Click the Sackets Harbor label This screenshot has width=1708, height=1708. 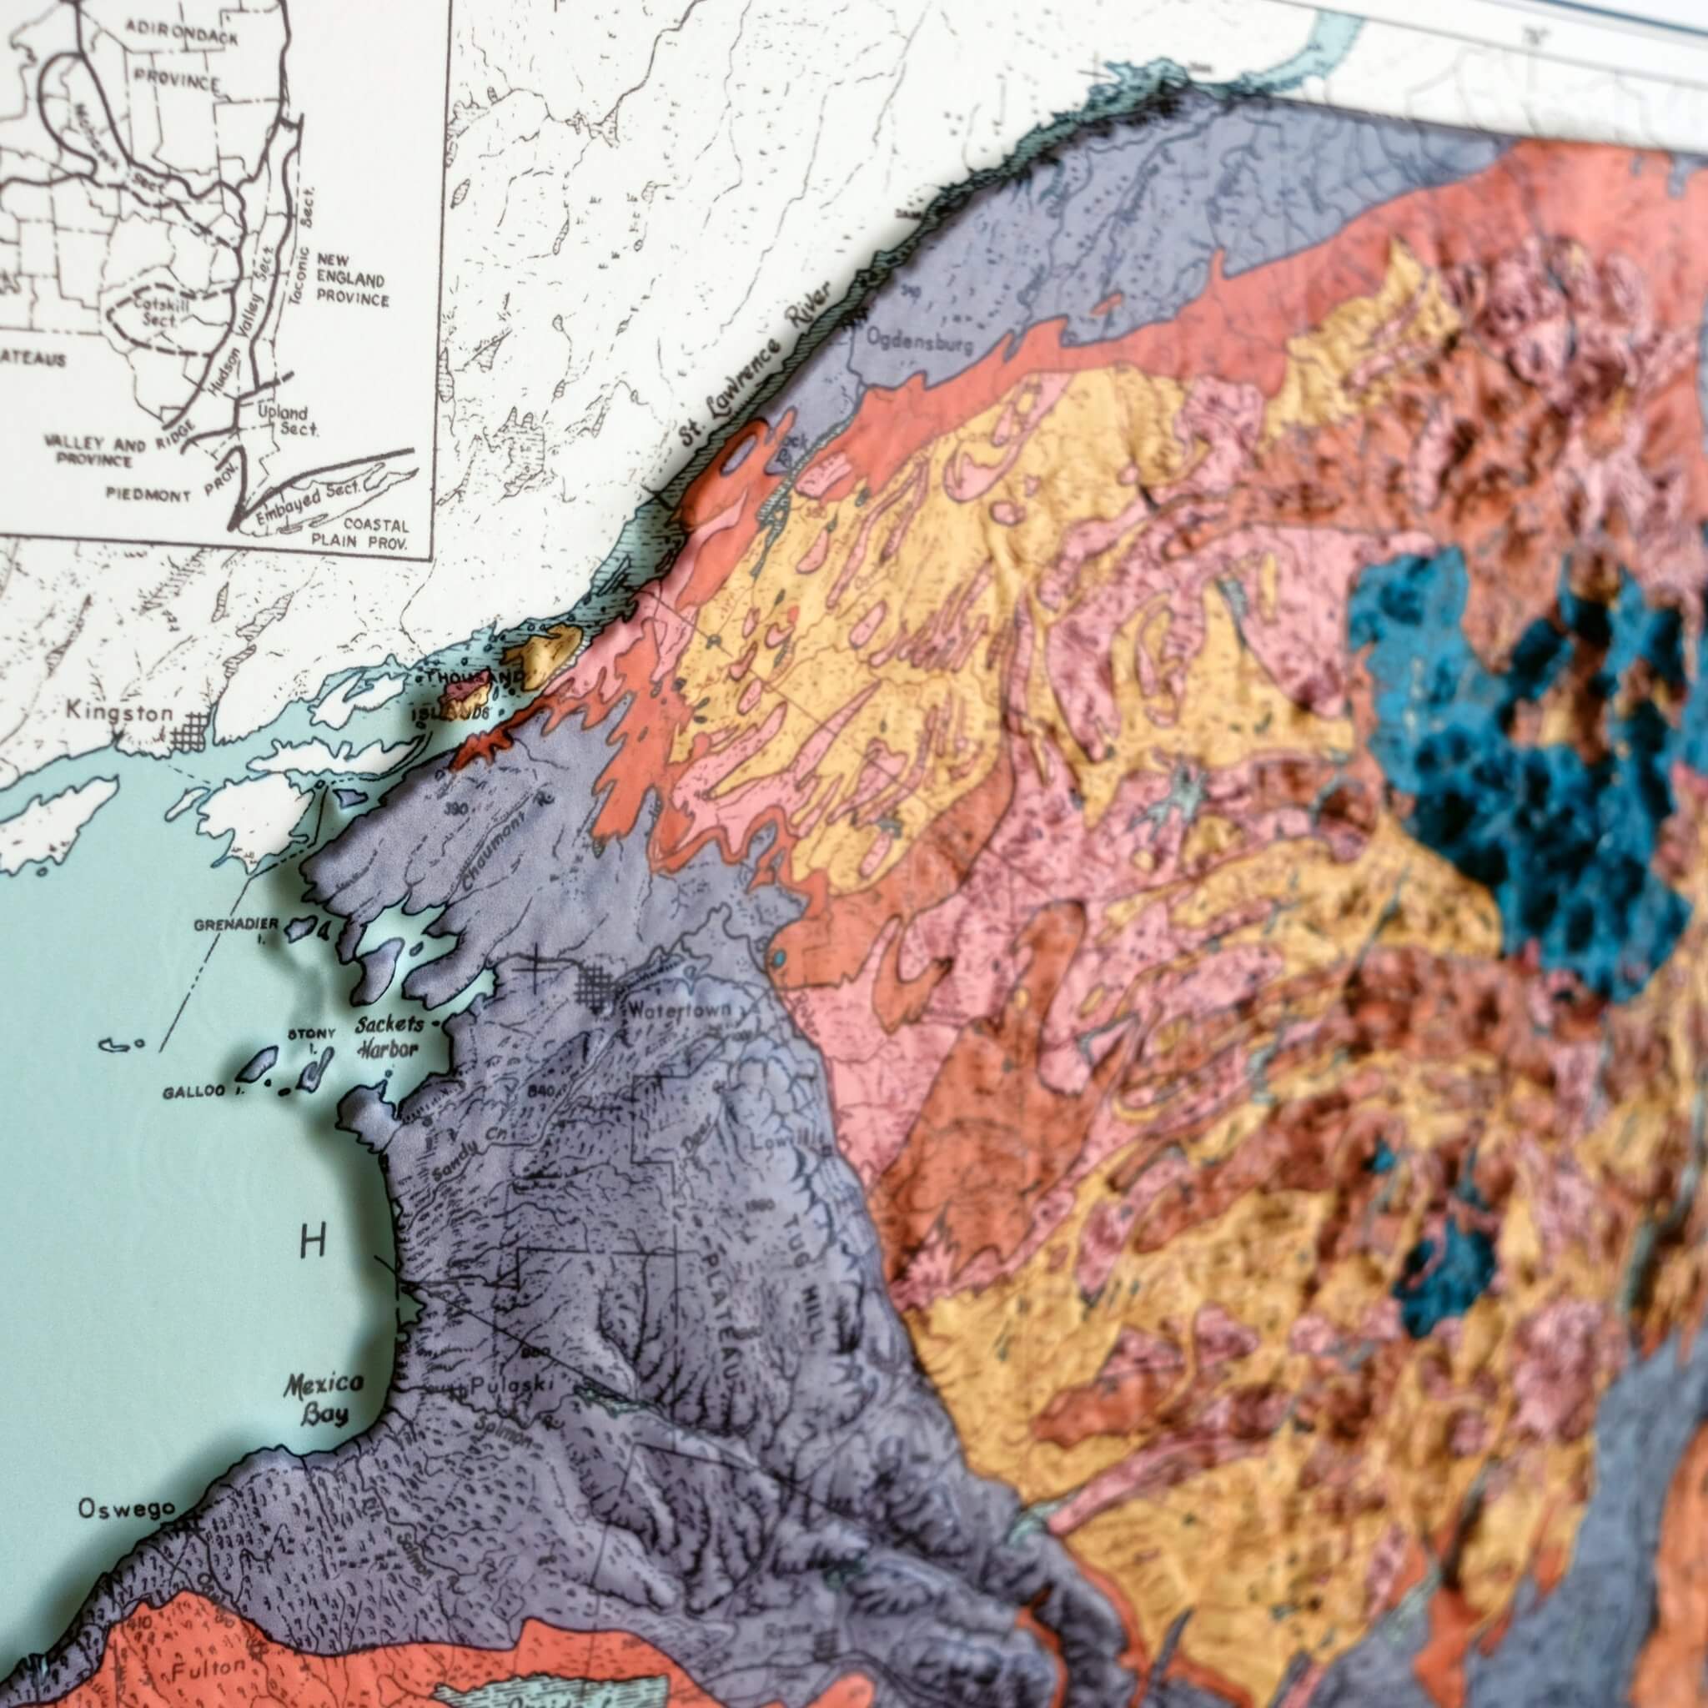[389, 1037]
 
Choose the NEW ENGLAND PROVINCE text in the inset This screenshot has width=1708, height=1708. [352, 279]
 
